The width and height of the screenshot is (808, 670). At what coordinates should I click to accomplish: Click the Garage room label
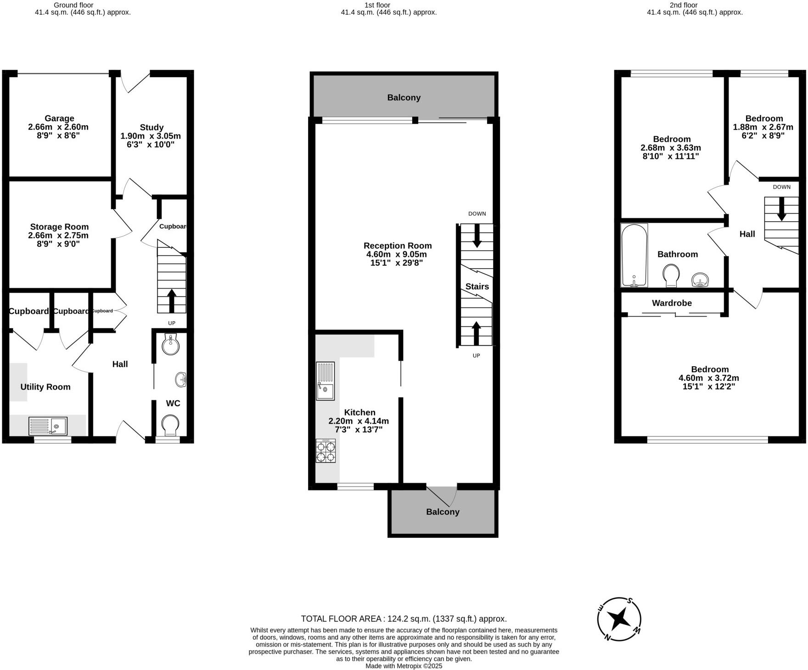[x=59, y=118]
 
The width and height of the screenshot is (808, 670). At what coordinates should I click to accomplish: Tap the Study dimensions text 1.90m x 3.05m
[x=151, y=136]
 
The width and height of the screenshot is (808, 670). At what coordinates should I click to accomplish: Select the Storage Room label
[x=59, y=227]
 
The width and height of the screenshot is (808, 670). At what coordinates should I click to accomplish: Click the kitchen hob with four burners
[x=325, y=451]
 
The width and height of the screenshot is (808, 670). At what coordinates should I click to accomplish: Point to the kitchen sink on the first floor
[x=325, y=381]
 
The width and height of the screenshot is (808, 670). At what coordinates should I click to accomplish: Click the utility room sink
[x=48, y=426]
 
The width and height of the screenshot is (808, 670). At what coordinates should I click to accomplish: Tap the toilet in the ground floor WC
[x=171, y=425]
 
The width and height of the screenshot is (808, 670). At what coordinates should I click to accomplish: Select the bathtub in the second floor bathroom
[x=634, y=255]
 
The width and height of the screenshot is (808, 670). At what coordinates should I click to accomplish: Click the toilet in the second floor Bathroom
[x=671, y=275]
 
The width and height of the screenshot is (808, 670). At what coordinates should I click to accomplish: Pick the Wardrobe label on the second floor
[x=672, y=303]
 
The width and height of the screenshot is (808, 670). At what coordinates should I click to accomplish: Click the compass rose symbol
[x=619, y=620]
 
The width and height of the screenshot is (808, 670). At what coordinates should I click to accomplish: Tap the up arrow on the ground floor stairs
[x=172, y=301]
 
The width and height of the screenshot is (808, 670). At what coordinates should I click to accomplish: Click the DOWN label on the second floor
[x=781, y=187]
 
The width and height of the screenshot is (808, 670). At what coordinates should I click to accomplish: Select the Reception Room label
[x=398, y=246]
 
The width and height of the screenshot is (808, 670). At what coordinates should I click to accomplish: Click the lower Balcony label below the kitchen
[x=443, y=512]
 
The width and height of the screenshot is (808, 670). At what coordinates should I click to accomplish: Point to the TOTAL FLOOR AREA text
[x=404, y=619]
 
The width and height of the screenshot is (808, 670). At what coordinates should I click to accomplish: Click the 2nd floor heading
[x=683, y=5]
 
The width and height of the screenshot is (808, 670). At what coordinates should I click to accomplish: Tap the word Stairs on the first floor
[x=477, y=287]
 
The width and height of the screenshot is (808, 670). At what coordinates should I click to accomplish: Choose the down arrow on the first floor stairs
[x=477, y=235]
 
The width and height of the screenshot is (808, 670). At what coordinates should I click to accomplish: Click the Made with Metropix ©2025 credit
[x=404, y=666]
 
